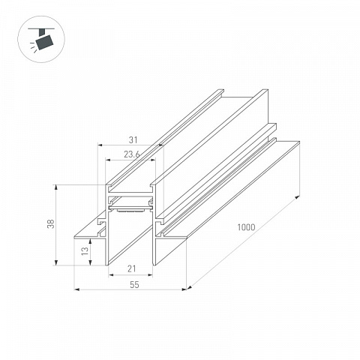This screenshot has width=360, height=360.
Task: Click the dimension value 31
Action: click(x=133, y=140)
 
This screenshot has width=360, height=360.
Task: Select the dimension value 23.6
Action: click(x=132, y=154)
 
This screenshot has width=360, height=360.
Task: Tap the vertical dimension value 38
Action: click(x=51, y=223)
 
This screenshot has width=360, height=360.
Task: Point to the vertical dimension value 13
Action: click(x=85, y=251)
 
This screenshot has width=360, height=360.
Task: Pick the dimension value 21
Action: click(x=132, y=268)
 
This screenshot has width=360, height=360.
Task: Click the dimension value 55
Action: click(x=134, y=285)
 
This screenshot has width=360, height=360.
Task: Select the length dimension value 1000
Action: click(x=246, y=227)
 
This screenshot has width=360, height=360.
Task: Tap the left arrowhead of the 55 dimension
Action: click(x=77, y=289)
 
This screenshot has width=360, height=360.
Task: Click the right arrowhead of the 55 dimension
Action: click(x=184, y=289)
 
